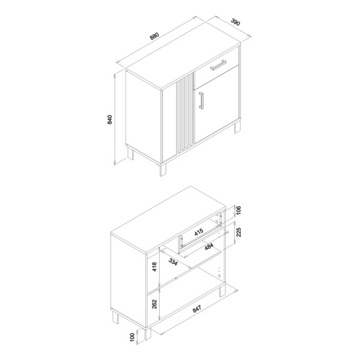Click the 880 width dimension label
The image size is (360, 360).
click(154, 36)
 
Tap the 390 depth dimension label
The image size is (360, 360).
click(236, 22)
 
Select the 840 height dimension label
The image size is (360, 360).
click(110, 119)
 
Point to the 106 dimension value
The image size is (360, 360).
click(238, 211)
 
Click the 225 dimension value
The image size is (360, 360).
click(238, 232)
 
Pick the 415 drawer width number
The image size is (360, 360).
click(199, 232)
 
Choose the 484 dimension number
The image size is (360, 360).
click(209, 246)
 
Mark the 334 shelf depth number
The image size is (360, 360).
click(173, 262)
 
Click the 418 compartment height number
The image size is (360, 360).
click(154, 267)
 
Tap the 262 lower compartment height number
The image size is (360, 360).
click(154, 304)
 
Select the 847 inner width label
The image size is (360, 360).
click(197, 309)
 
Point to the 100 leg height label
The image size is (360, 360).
click(132, 337)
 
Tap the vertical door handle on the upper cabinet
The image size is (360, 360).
click(202, 100)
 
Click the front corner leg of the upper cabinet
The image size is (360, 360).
click(163, 170)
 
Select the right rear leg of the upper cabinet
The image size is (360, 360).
click(238, 127)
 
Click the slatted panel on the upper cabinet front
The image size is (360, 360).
click(185, 114)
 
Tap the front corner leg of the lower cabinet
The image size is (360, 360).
click(148, 333)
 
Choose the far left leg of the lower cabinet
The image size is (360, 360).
click(116, 317)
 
